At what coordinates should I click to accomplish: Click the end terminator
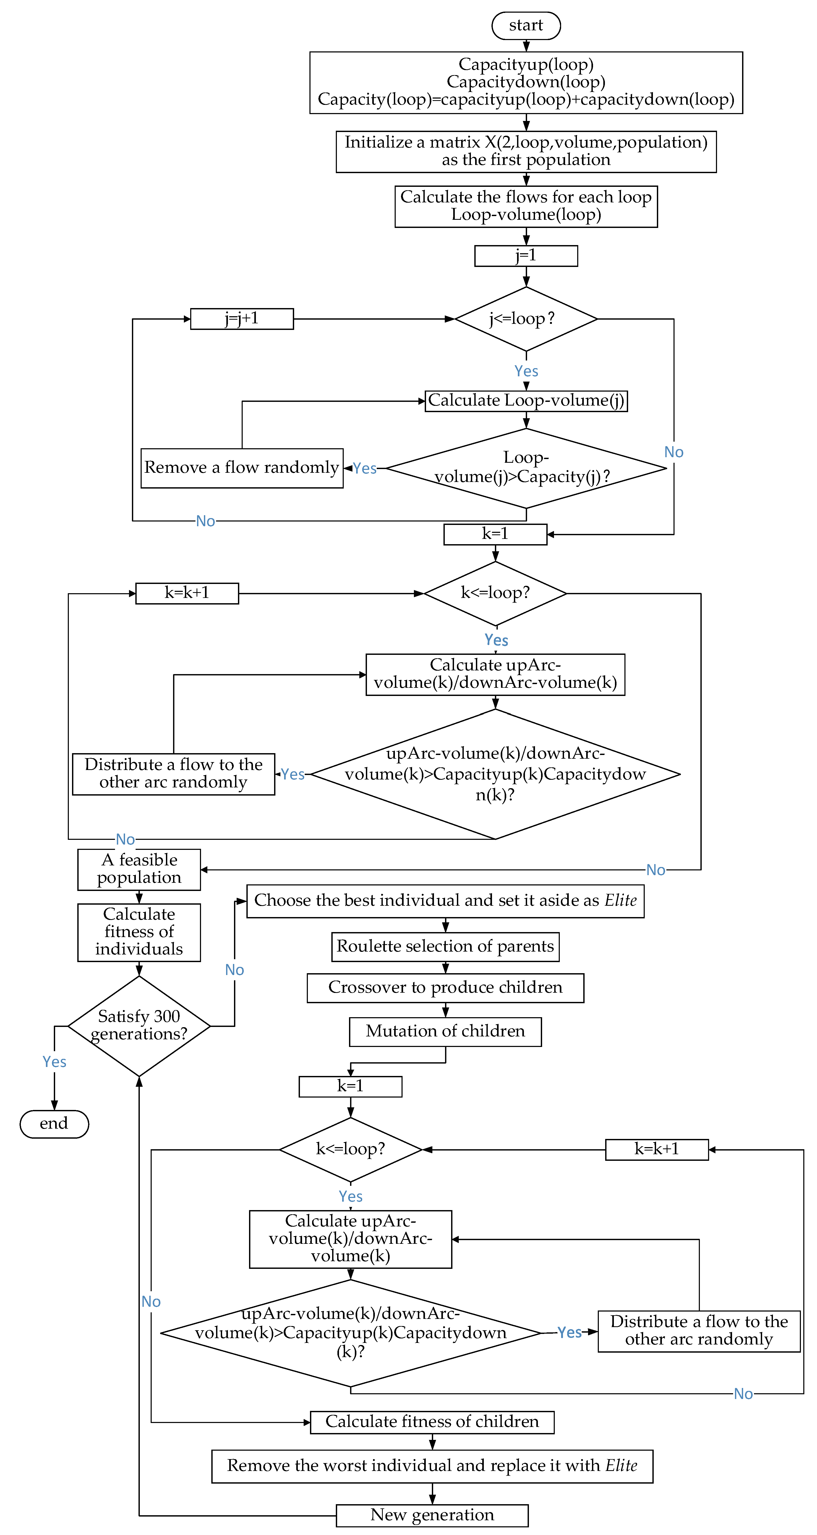click(x=54, y=1124)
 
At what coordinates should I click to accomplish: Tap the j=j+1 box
click(x=242, y=319)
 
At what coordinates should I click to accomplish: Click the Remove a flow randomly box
click(x=242, y=468)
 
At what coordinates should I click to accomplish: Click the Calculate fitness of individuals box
click(x=139, y=932)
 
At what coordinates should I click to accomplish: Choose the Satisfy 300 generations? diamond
click(x=139, y=1026)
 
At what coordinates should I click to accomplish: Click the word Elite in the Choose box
click(x=620, y=900)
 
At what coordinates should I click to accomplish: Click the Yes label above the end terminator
click(x=54, y=1062)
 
